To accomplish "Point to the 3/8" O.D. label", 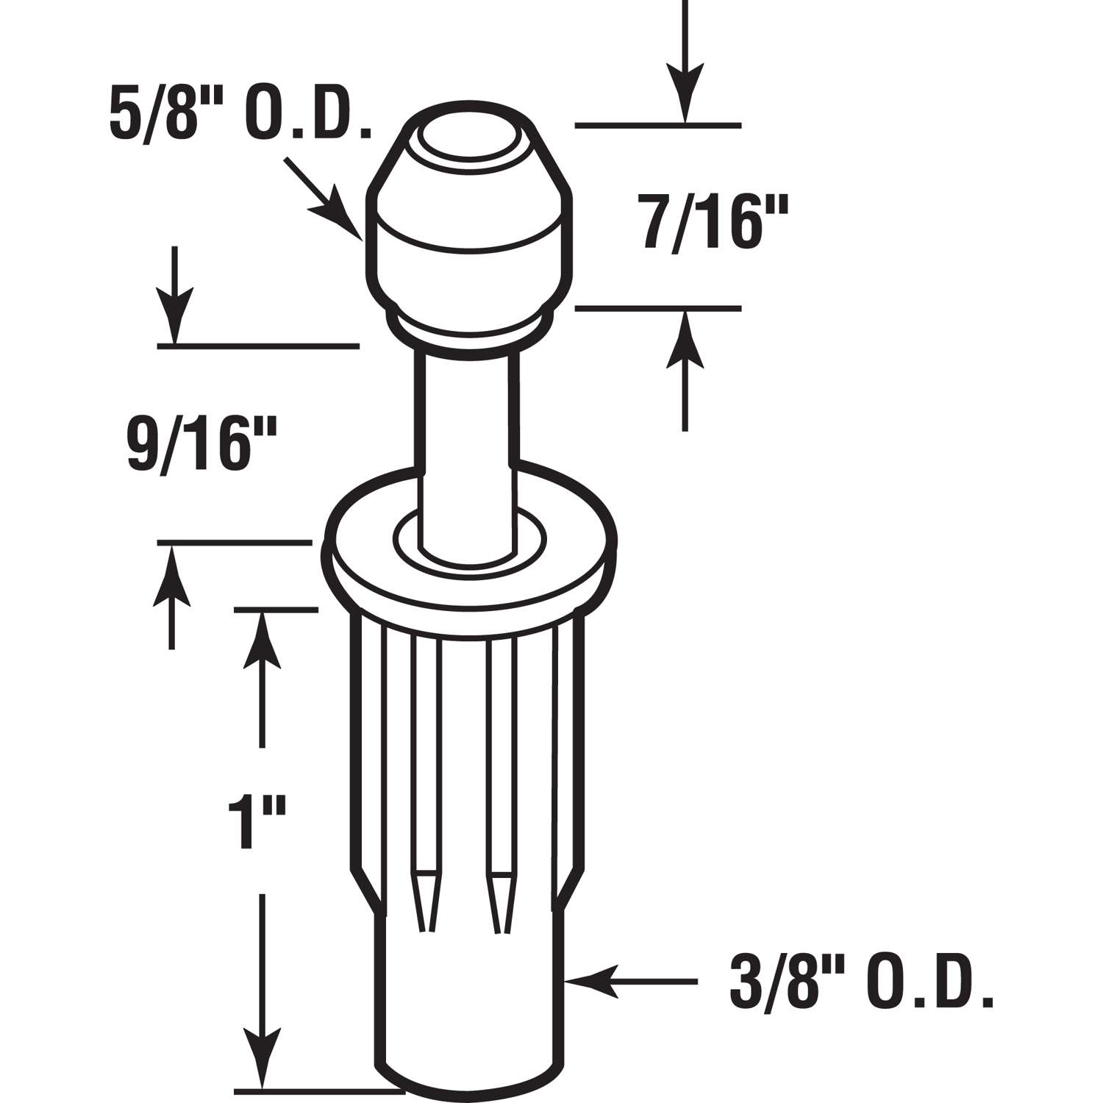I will coord(861,982).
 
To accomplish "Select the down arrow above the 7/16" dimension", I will coord(685,66).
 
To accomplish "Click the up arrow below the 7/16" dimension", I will coord(685,368).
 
